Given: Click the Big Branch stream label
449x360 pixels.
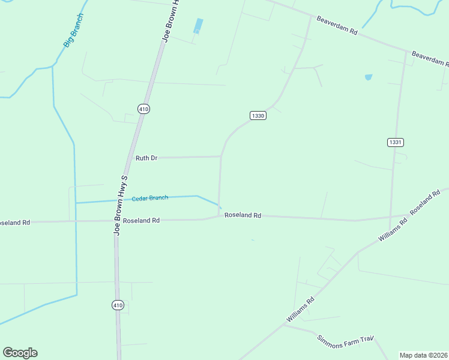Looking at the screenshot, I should tap(73, 31).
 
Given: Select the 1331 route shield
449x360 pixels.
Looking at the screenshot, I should tap(395, 142).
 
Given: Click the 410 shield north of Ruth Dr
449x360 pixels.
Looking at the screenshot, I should tap(143, 109).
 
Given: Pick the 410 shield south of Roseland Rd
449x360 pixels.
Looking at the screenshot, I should tap(118, 305).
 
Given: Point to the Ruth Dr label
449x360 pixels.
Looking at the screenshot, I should tap(146, 158).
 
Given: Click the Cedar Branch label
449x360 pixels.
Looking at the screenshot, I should tap(150, 198).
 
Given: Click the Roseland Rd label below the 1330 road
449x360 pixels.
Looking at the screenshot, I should tap(243, 215).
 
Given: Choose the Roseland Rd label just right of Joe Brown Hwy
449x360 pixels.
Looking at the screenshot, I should tap(141, 220).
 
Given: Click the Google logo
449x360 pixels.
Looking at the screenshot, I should tap(20, 353).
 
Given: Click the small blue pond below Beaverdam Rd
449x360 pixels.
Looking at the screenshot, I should tap(368, 77).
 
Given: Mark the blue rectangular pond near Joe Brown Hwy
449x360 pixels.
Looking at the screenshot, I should tap(198, 26).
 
